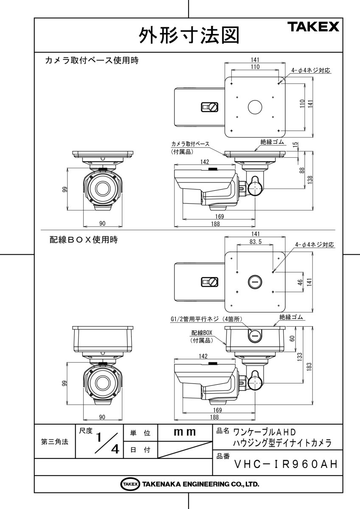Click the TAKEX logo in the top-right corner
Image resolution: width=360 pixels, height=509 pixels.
pos(315,27)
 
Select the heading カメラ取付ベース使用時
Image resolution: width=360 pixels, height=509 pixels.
pos(92,61)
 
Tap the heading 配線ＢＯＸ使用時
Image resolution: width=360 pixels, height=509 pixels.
pos(83,240)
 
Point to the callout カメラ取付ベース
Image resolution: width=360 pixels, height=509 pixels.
pos(190,144)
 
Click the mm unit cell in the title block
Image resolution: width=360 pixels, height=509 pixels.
pos(185,433)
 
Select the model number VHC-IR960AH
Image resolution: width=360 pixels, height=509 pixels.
pos(286,464)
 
